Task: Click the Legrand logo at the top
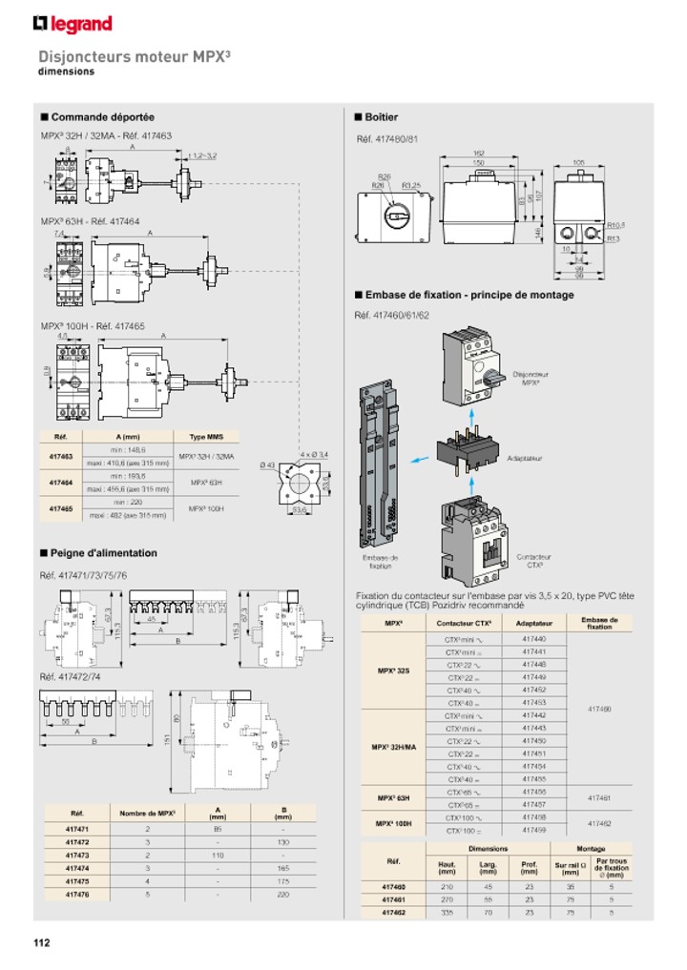[73, 24]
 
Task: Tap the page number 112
[41, 943]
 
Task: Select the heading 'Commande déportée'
[102, 117]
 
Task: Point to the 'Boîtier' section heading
[381, 117]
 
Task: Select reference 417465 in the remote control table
[60, 509]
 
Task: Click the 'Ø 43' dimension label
[267, 464]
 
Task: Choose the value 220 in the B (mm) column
[282, 895]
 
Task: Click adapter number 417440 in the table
[533, 639]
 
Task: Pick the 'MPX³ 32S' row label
[393, 671]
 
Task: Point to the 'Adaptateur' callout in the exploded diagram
[525, 459]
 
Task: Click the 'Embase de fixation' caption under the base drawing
[380, 561]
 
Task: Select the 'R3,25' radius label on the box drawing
[411, 185]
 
